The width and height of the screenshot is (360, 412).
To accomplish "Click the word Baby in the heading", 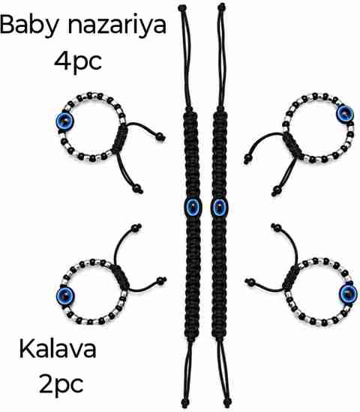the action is point(30,25).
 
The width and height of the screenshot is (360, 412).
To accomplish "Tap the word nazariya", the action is point(117,25).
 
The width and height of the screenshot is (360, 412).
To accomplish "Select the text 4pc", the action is point(78,62).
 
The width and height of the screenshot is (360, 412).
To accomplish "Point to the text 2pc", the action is point(61,385).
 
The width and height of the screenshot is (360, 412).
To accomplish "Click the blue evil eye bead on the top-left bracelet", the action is point(64,121).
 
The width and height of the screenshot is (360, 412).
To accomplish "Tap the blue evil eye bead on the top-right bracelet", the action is point(345,113).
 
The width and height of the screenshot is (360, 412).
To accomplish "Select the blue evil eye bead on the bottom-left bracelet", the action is point(65,296).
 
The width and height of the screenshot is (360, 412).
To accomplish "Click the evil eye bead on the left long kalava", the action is point(193,207).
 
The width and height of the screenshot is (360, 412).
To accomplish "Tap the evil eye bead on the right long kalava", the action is point(220,207).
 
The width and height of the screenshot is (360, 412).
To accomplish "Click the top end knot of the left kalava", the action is point(182,8).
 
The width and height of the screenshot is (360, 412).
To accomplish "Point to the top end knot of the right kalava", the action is point(222,7).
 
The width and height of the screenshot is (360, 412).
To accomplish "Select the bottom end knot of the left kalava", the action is point(185,403).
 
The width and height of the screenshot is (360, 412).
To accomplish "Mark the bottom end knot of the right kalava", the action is point(226,403).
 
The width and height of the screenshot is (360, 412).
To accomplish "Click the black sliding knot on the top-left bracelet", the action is point(121,139).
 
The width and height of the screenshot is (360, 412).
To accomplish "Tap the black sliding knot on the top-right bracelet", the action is point(292,145).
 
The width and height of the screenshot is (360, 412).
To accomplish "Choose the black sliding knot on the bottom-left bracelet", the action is point(120,276).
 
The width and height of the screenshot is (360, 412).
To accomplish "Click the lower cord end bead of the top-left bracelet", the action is point(138,189).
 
